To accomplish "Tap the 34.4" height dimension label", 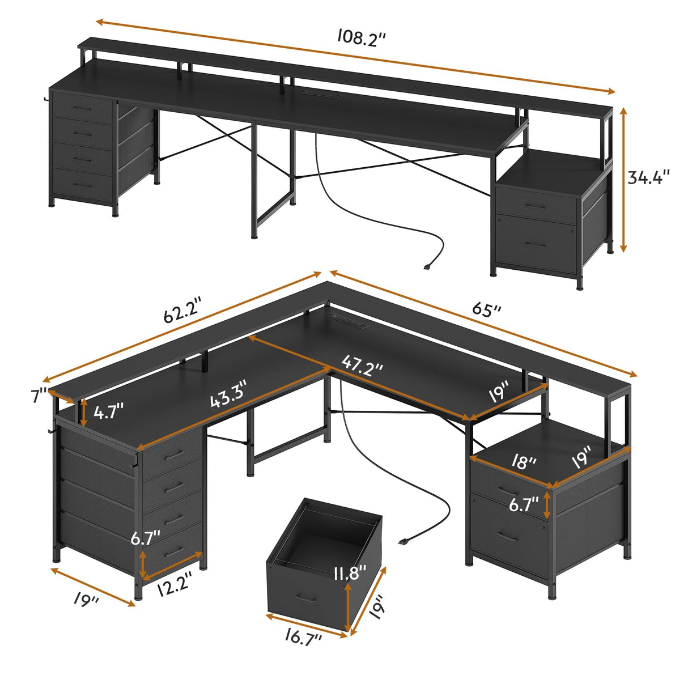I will (x=649, y=177).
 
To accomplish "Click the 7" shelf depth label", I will (x=39, y=395).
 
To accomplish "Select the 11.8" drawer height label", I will (x=350, y=573).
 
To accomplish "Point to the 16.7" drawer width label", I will (x=304, y=637).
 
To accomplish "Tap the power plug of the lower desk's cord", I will (x=405, y=541).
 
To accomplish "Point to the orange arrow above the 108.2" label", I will (x=355, y=57).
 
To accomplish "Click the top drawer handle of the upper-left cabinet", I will (x=83, y=108).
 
